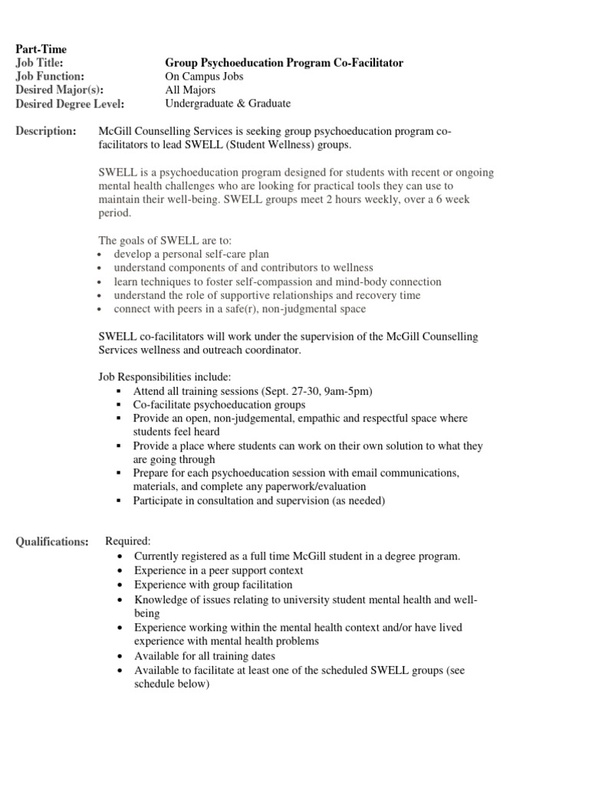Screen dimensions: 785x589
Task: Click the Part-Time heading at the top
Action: pos(41,49)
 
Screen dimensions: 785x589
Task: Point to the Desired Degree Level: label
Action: pos(70,104)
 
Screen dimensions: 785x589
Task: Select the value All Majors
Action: pos(190,90)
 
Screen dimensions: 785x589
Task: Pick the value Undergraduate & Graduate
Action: pos(228,104)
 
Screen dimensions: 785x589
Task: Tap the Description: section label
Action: pos(46,132)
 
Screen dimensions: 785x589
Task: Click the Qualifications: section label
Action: pos(52,542)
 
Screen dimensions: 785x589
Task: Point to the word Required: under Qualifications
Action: pos(128,541)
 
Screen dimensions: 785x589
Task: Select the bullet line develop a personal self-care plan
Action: pos(192,254)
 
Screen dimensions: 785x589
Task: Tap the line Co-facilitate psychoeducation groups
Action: pos(219,405)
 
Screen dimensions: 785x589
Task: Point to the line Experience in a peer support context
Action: pos(219,570)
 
